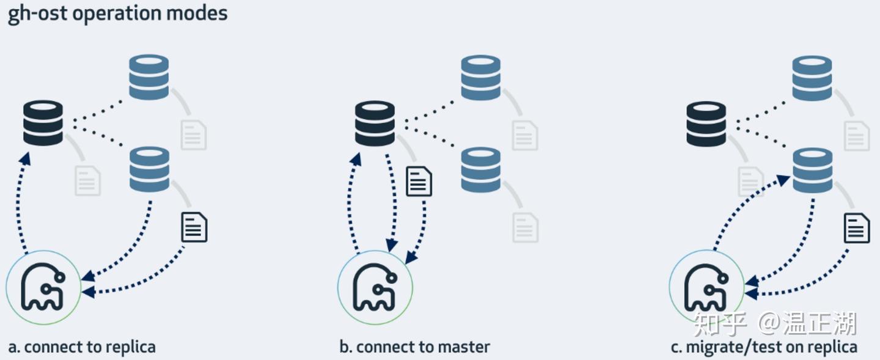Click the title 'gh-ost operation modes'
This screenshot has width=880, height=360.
117,13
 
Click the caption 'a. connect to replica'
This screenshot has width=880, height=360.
82,347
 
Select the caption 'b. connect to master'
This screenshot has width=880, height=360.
414,347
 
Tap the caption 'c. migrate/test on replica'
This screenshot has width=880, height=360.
763,347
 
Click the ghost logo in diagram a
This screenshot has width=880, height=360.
43,287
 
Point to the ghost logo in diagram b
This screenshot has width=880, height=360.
375,287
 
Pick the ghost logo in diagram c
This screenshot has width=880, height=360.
706,287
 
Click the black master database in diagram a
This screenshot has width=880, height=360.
43,123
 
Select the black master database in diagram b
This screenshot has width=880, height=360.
375,123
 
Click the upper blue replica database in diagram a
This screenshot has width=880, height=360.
149,77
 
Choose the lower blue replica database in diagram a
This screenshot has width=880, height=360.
149,169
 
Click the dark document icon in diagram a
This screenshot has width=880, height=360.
194,227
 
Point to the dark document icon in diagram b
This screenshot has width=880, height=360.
419,181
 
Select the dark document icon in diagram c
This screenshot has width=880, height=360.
857,227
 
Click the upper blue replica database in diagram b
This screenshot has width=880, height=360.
480,77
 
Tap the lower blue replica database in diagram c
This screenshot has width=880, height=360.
812,169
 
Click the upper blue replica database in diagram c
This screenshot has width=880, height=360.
812,77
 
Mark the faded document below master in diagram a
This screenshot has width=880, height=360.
88,180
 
